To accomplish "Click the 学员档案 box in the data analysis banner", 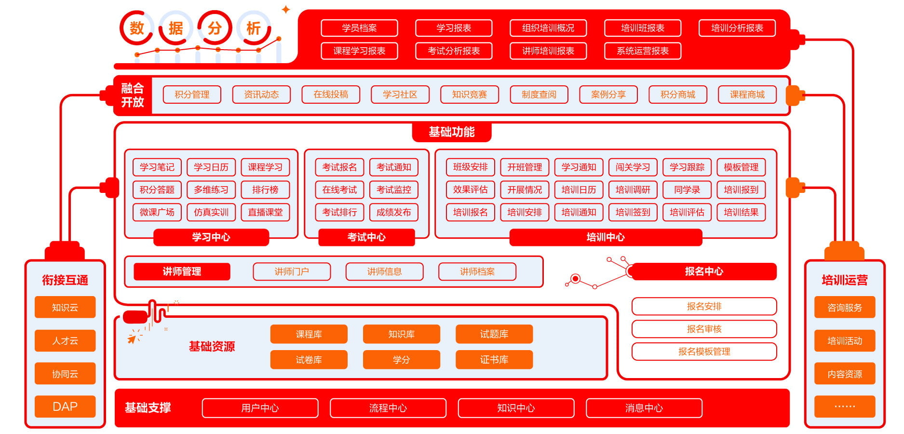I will pyautogui.click(x=359, y=28).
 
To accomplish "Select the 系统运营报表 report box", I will pyautogui.click(x=642, y=51).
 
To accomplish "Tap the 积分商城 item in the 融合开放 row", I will pyautogui.click(x=677, y=95).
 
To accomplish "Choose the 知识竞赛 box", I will pyautogui.click(x=469, y=95).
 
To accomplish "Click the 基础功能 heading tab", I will pyautogui.click(x=451, y=132).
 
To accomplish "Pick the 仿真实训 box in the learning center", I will pyautogui.click(x=211, y=212).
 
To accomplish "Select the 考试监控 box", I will pyautogui.click(x=393, y=190).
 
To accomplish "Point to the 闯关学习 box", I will pyautogui.click(x=633, y=167).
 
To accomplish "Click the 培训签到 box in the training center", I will pyautogui.click(x=633, y=212).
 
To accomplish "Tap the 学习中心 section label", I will pyautogui.click(x=211, y=237).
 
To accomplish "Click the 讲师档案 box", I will pyautogui.click(x=477, y=271).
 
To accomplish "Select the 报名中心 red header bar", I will pyautogui.click(x=703, y=271).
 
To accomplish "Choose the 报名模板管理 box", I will pyautogui.click(x=704, y=352).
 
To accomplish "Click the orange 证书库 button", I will pyautogui.click(x=494, y=360).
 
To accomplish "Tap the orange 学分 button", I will pyautogui.click(x=401, y=360).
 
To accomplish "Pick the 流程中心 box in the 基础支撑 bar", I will pyautogui.click(x=388, y=408).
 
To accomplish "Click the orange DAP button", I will pyautogui.click(x=65, y=407).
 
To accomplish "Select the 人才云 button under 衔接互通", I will pyautogui.click(x=65, y=340).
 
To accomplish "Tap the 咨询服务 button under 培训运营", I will pyautogui.click(x=844, y=307).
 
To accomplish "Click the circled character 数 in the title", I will pyautogui.click(x=137, y=28).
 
